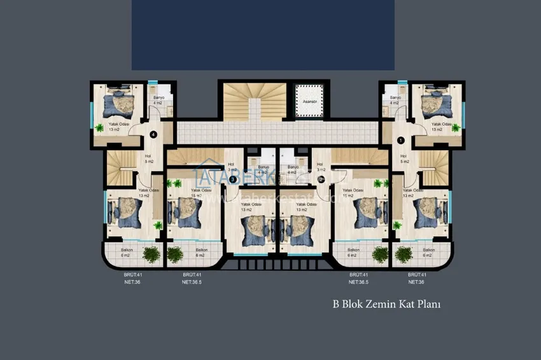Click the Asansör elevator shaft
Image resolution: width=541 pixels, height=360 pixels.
(x=310, y=100)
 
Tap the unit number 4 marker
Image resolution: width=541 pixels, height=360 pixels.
(x=153, y=134)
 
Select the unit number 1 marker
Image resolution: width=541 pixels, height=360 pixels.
(x=400, y=140)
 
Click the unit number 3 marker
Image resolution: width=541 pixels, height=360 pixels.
(x=233, y=180)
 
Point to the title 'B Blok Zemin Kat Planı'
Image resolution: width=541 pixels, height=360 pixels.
(x=386, y=304)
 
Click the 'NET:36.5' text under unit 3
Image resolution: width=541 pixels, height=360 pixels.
(x=192, y=281)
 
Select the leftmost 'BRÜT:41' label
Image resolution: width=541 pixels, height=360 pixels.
(x=132, y=274)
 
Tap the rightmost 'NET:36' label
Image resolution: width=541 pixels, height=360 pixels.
(x=416, y=281)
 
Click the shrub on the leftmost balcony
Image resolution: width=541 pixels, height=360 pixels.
(x=151, y=254)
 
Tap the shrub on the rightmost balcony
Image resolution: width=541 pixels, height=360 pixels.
(x=404, y=254)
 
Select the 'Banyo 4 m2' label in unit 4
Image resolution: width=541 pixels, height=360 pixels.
(x=158, y=100)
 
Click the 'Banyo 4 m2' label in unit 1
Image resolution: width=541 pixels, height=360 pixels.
(x=395, y=100)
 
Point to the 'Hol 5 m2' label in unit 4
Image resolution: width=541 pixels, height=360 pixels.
(x=148, y=158)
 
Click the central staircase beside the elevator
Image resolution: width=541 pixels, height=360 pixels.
(x=254, y=100)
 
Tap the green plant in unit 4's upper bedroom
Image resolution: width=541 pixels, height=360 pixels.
(x=99, y=127)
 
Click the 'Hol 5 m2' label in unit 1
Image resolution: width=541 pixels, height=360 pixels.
(x=404, y=158)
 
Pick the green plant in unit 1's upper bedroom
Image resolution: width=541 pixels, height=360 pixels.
(x=456, y=127)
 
